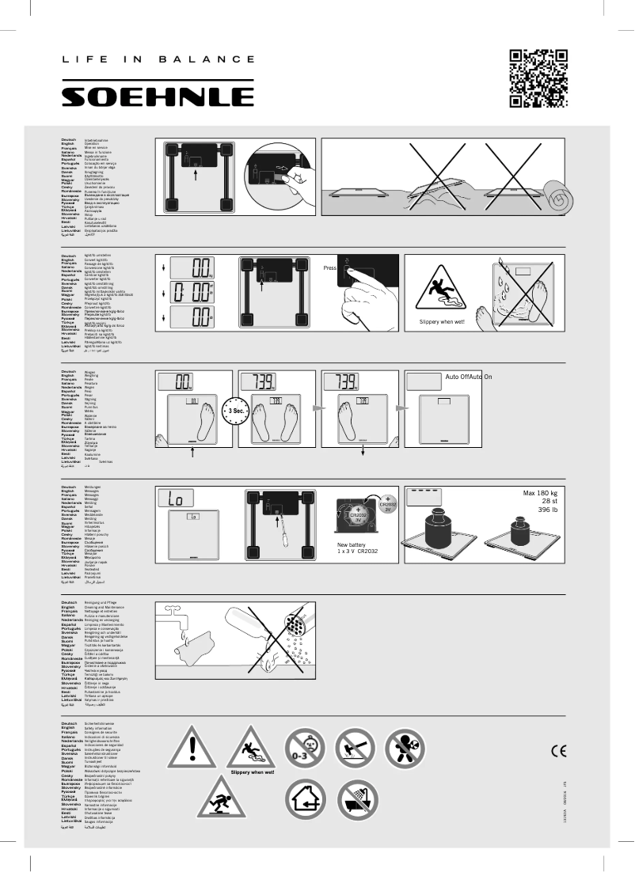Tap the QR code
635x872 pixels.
point(539,78)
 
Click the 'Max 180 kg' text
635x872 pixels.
point(540,494)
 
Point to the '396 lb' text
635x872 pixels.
point(546,511)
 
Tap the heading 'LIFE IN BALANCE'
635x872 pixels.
point(158,59)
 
